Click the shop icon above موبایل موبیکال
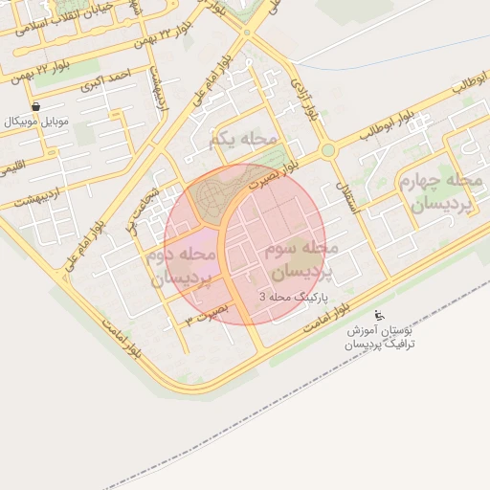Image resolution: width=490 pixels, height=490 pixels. (35, 106)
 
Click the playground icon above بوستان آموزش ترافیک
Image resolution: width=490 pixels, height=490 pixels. (378, 315)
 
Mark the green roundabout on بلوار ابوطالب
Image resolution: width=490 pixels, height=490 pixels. (328, 150)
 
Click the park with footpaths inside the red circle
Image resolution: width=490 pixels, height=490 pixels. (215, 197)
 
